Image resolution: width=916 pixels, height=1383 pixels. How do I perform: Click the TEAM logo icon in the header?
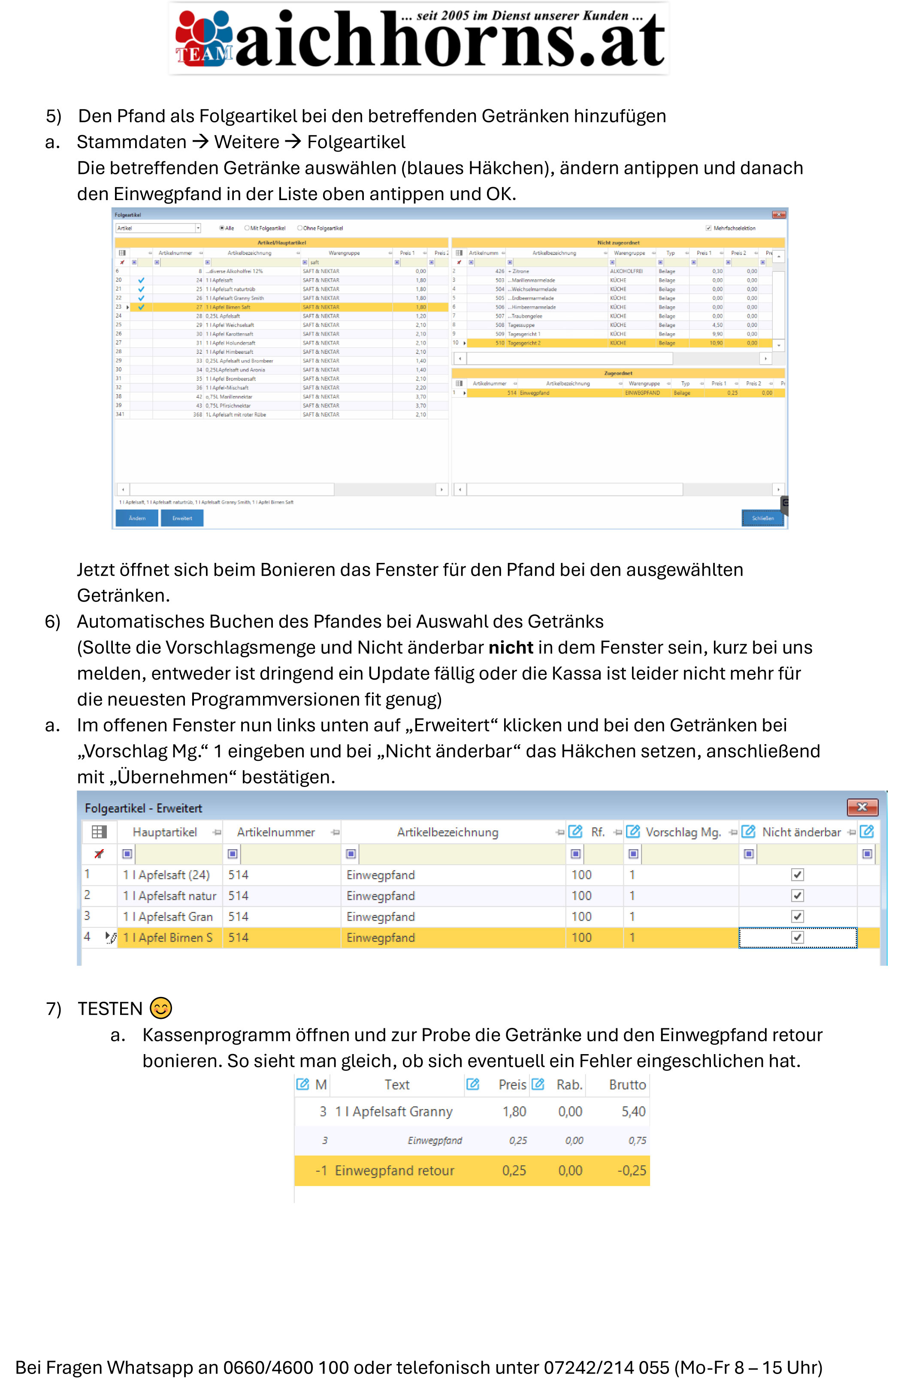pos(205,37)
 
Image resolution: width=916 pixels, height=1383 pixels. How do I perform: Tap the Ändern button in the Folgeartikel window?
pos(137,518)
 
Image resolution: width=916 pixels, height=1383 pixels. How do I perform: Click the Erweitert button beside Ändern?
pos(182,518)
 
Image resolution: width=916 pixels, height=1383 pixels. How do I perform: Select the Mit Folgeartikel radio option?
pos(247,228)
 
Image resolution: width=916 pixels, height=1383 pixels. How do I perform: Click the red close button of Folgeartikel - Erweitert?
pos(862,807)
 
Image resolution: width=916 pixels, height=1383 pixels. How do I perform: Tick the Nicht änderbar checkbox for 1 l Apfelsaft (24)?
pos(798,875)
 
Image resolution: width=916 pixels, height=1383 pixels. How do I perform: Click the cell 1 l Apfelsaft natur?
pos(169,896)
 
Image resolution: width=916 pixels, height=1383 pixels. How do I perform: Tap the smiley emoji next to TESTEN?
pos(160,1008)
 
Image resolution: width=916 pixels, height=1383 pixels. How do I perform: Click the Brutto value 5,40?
pos(633,1111)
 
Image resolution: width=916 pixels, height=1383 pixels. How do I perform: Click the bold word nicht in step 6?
pos(511,647)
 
